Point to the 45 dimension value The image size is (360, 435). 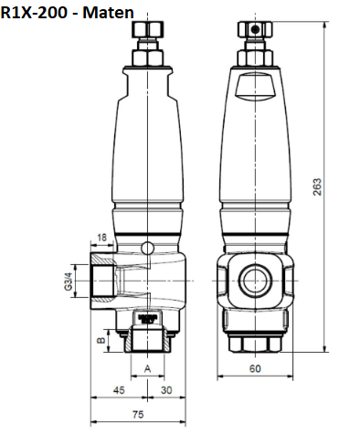[119, 390]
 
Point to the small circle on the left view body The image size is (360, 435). [148, 247]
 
